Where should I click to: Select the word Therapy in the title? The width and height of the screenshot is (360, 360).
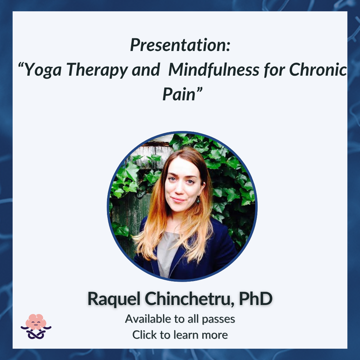(x=97, y=70)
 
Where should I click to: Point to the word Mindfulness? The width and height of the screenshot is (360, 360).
(x=214, y=69)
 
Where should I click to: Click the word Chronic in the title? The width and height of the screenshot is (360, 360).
(x=318, y=69)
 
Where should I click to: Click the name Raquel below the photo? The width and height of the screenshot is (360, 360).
(x=114, y=299)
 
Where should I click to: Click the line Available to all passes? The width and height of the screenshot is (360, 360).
(x=180, y=319)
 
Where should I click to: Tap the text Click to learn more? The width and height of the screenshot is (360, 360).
(x=180, y=335)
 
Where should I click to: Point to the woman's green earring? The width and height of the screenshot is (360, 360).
(x=198, y=200)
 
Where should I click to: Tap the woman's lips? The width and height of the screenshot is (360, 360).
(x=178, y=200)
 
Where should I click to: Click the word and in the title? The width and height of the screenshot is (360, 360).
(x=146, y=69)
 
